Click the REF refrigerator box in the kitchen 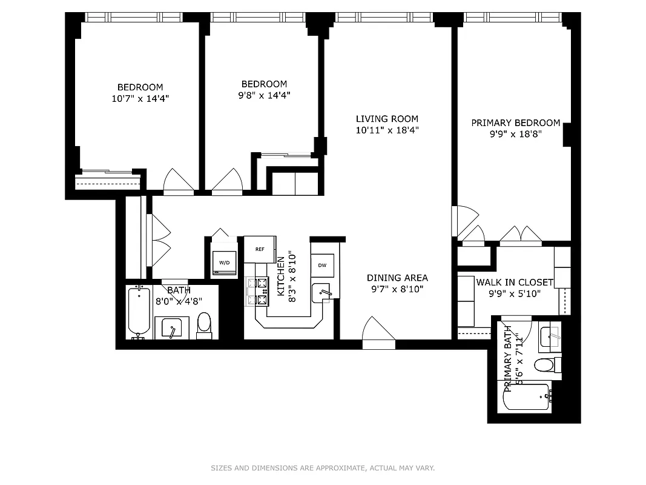tap(260, 249)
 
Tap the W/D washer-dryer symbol tap(224, 262)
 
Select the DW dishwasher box tap(322, 265)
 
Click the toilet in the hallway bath tap(205, 324)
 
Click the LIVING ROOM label tap(387, 119)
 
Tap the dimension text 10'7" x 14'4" tap(140, 98)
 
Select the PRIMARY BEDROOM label tap(515, 122)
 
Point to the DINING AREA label tap(397, 278)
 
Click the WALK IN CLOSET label tap(515, 282)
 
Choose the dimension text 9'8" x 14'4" tap(264, 95)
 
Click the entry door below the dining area tap(378, 337)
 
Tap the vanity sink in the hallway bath tap(171, 328)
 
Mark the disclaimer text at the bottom tap(323, 468)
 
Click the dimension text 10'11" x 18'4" tap(387, 130)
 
